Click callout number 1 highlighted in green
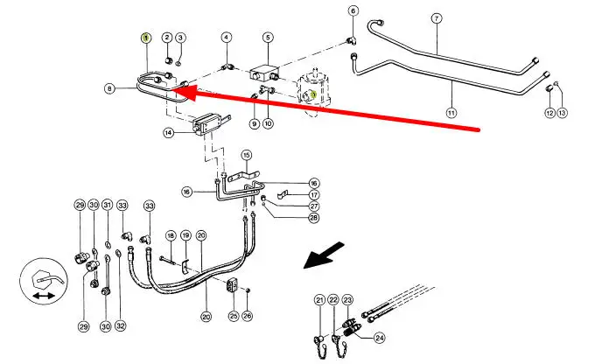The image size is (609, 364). click(x=147, y=37)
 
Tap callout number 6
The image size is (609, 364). click(x=353, y=11)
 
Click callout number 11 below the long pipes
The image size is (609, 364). click(x=451, y=112)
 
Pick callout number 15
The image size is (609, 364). click(x=247, y=154)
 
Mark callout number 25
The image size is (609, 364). click(x=233, y=315)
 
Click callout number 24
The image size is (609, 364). click(x=379, y=337)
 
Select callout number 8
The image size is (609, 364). click(x=109, y=87)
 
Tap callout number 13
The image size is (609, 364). click(x=563, y=113)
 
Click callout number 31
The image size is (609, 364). click(x=107, y=205)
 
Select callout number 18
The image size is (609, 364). click(x=171, y=235)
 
